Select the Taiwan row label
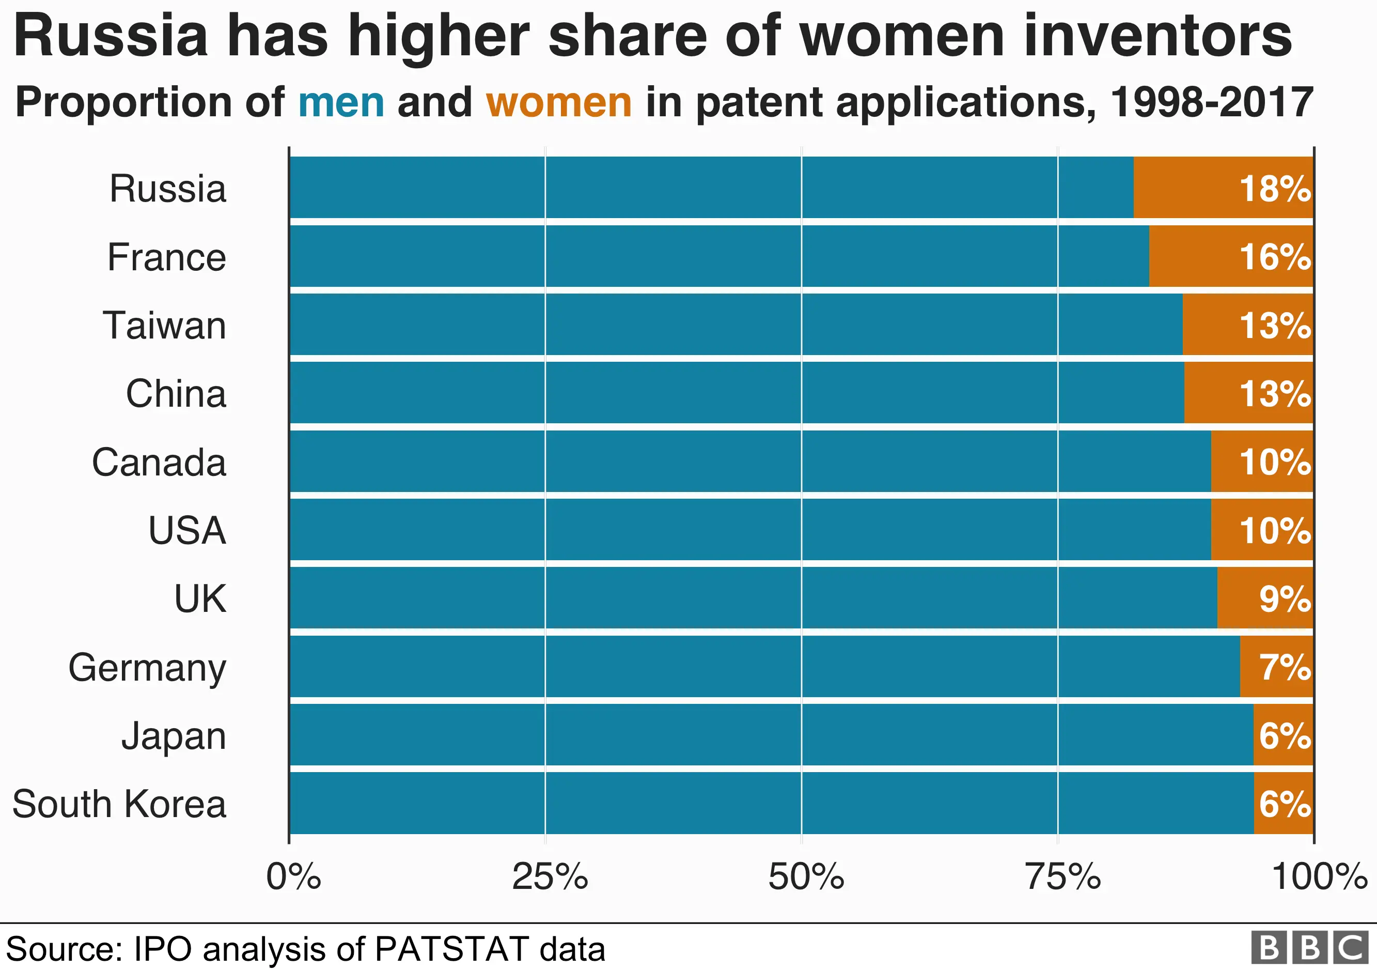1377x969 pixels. pos(164,325)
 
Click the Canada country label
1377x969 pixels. pos(159,462)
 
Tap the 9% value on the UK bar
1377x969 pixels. pos(1285,599)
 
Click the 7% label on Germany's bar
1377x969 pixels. pos(1285,667)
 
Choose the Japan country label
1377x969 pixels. pos(174,736)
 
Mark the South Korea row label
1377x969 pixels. pos(119,804)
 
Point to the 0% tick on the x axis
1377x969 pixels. pos(293,876)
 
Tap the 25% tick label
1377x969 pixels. pos(550,876)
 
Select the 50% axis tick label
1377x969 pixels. pos(806,876)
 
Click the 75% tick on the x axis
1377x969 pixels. pos(1062,876)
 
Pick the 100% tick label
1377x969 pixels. pos(1319,876)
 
